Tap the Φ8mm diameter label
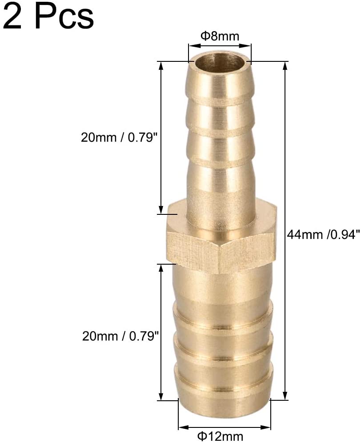(x=220, y=36)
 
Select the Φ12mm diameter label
(x=220, y=436)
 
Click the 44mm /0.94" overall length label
(x=323, y=234)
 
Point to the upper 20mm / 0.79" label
(x=119, y=137)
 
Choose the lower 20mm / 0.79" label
(x=120, y=336)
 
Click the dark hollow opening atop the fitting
(x=220, y=63)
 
